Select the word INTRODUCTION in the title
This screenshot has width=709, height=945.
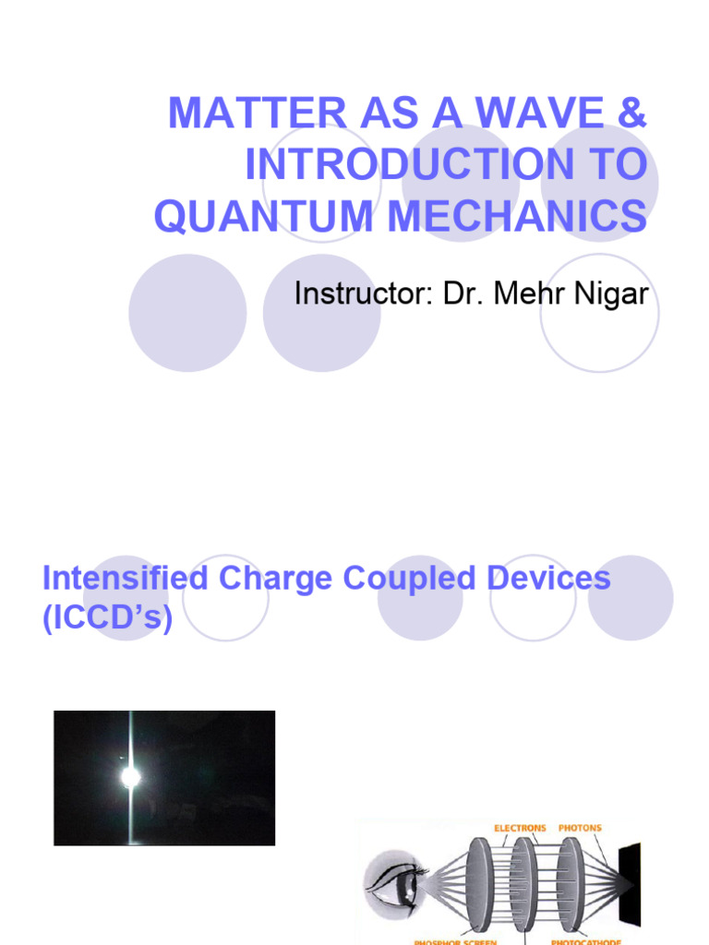pos(405,164)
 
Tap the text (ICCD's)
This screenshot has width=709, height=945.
pos(108,618)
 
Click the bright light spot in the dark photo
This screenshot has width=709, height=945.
pos(131,777)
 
